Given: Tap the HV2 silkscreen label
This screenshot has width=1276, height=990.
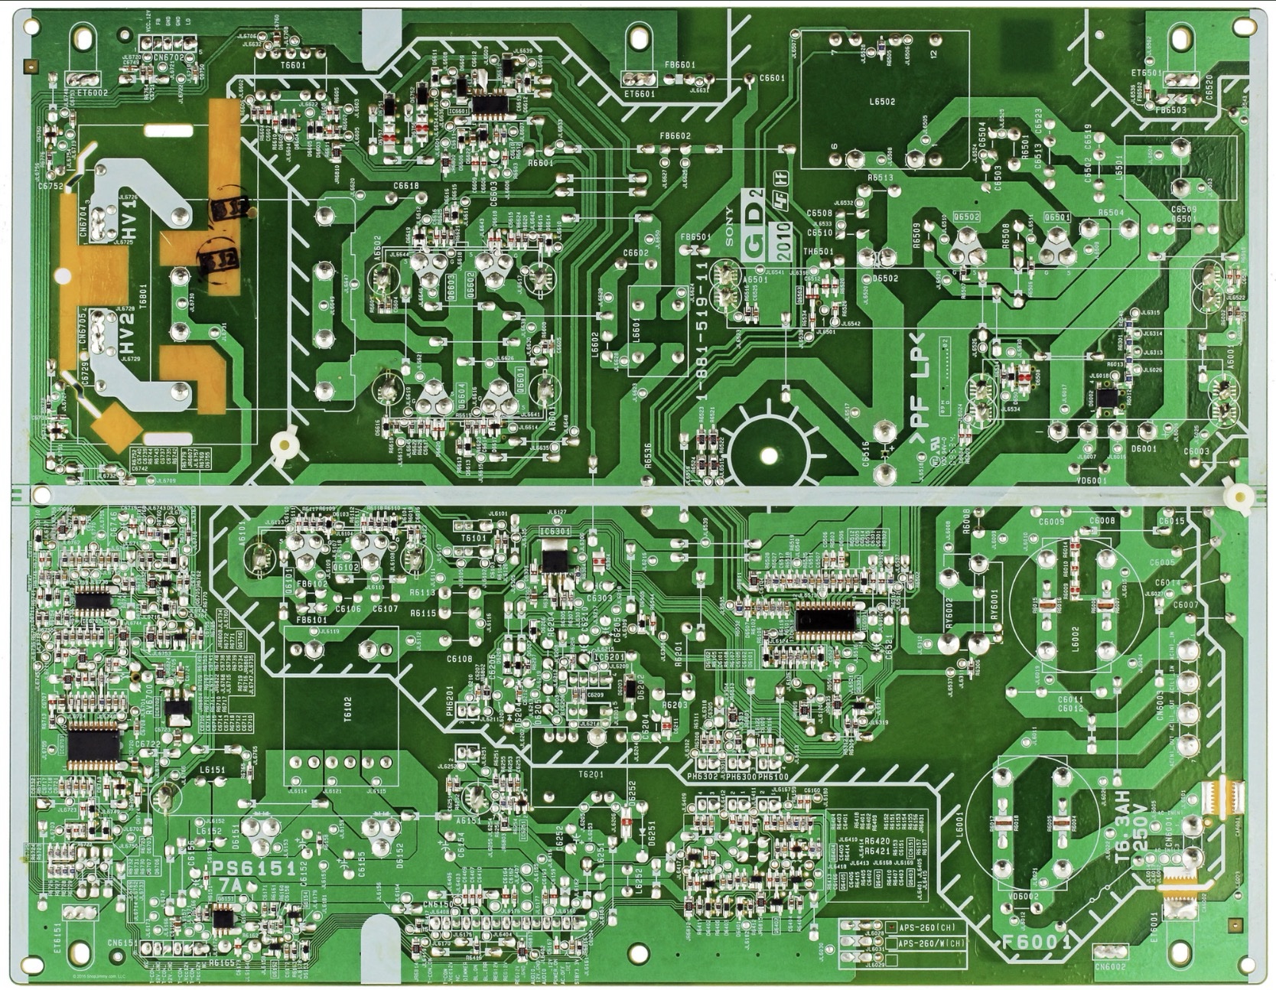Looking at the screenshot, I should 127,334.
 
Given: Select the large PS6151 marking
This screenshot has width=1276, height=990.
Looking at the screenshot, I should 254,868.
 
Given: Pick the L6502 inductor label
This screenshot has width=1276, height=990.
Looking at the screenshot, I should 882,102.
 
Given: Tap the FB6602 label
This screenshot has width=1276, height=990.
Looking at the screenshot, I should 675,136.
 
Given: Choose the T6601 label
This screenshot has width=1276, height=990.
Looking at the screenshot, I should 292,66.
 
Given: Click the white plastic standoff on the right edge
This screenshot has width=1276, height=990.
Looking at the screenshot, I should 1239,497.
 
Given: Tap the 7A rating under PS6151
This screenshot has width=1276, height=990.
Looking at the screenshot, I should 230,885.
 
